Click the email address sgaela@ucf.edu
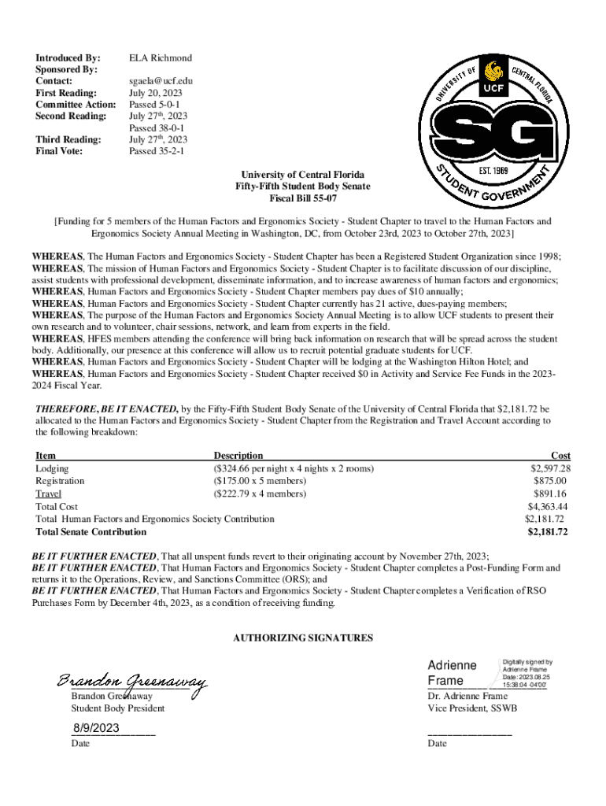tap(161, 81)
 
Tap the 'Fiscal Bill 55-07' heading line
tap(303, 198)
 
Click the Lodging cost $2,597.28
tap(550, 468)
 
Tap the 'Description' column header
tap(238, 456)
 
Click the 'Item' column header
tap(46, 456)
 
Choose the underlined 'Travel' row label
tap(49, 494)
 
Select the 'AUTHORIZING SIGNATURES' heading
tap(303, 638)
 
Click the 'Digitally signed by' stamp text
tap(527, 662)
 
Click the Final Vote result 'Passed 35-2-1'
tap(157, 151)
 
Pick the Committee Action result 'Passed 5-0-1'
tap(155, 105)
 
